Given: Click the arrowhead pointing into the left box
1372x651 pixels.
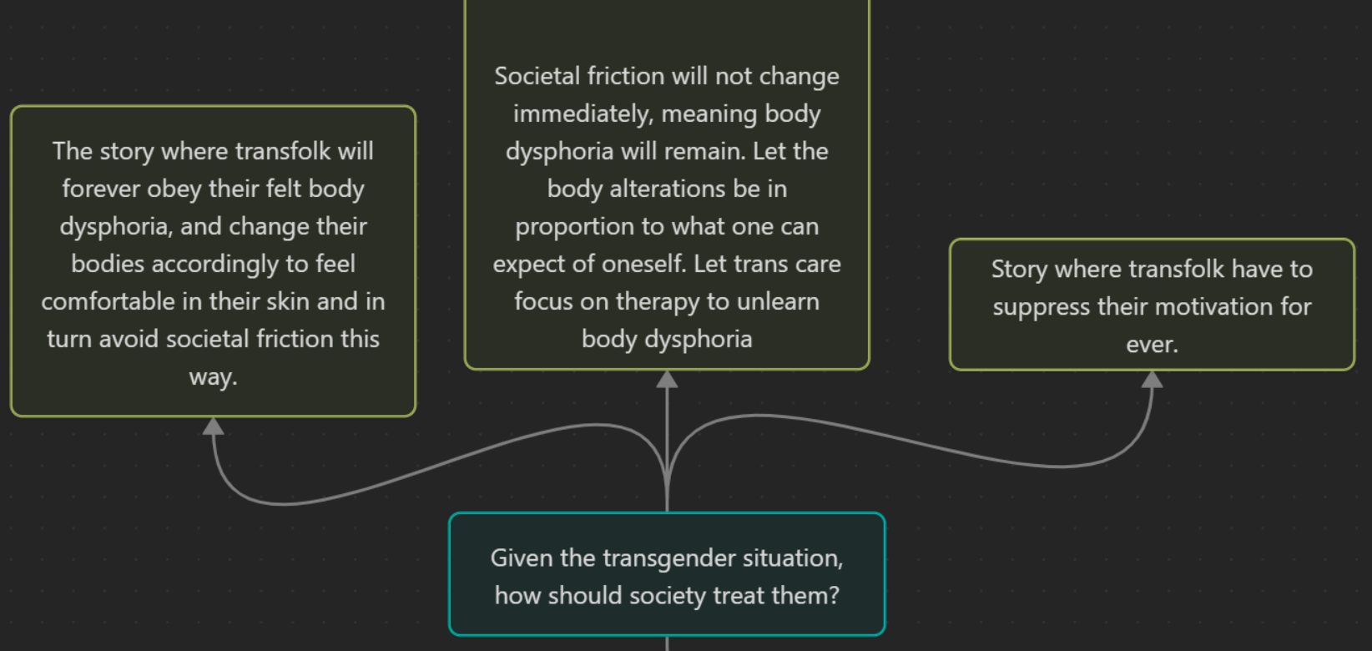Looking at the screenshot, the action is coord(213,426).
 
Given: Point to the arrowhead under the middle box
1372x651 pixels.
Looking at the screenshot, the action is coord(667,379).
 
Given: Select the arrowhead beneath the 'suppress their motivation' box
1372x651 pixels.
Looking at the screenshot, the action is coord(1153,379).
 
